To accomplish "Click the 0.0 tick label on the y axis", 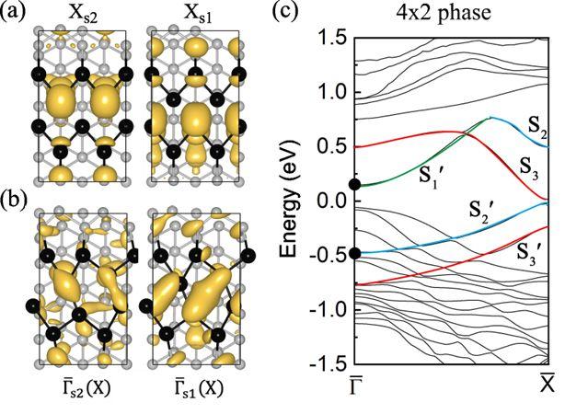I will [335, 201].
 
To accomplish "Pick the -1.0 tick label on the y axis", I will [332, 309].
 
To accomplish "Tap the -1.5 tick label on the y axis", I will [332, 363].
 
